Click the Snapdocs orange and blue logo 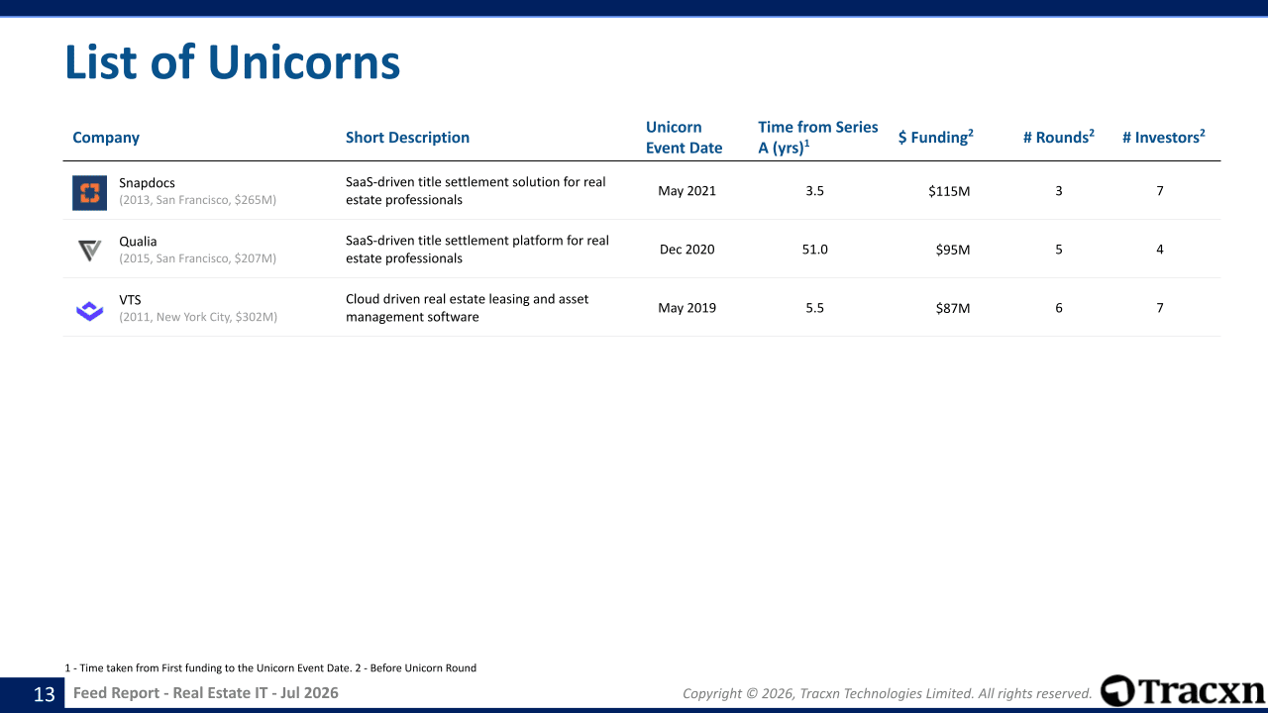coord(89,193)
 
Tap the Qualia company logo coord(89,251)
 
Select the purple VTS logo coord(89,311)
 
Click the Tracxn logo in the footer coord(1182,691)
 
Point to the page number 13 coord(45,694)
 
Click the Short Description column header coord(407,138)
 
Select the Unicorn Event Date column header coord(684,138)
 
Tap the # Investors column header coord(1163,137)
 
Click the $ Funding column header coord(936,137)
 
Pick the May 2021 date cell coord(687,191)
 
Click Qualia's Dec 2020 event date coord(687,250)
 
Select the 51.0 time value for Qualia coord(814,250)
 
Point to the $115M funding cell coord(949,191)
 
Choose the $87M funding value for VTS coord(953,308)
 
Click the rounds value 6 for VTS coord(1059,308)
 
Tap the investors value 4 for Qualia coord(1160,250)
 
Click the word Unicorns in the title coord(304,62)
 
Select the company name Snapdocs coord(147,183)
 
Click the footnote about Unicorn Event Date coord(270,667)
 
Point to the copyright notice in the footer coord(887,694)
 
